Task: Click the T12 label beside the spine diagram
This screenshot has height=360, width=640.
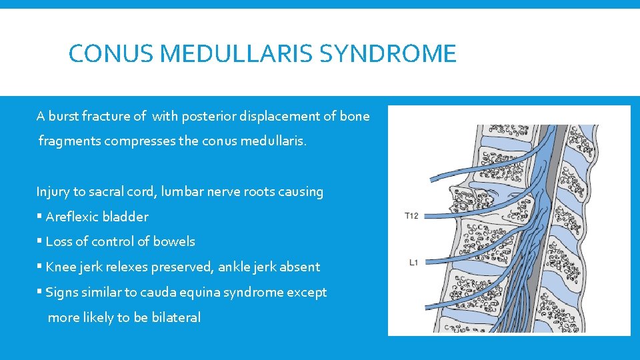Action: click(411, 216)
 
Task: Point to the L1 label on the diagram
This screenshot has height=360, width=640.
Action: click(413, 263)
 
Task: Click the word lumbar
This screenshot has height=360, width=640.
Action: click(184, 192)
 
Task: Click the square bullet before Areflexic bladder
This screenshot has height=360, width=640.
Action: click(39, 217)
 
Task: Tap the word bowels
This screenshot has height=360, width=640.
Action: click(174, 241)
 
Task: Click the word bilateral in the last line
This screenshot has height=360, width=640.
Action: click(176, 317)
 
